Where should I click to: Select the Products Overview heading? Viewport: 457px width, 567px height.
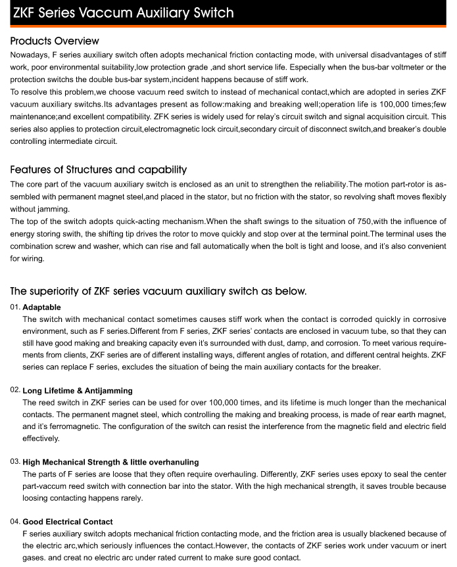[55, 41]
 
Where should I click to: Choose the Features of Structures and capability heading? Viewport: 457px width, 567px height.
[99, 170]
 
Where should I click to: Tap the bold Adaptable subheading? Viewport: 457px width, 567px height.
[42, 307]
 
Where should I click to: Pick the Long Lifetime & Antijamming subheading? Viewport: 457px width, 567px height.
[77, 391]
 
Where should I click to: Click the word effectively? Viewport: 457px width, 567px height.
[41, 438]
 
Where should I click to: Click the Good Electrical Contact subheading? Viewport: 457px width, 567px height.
[67, 522]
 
